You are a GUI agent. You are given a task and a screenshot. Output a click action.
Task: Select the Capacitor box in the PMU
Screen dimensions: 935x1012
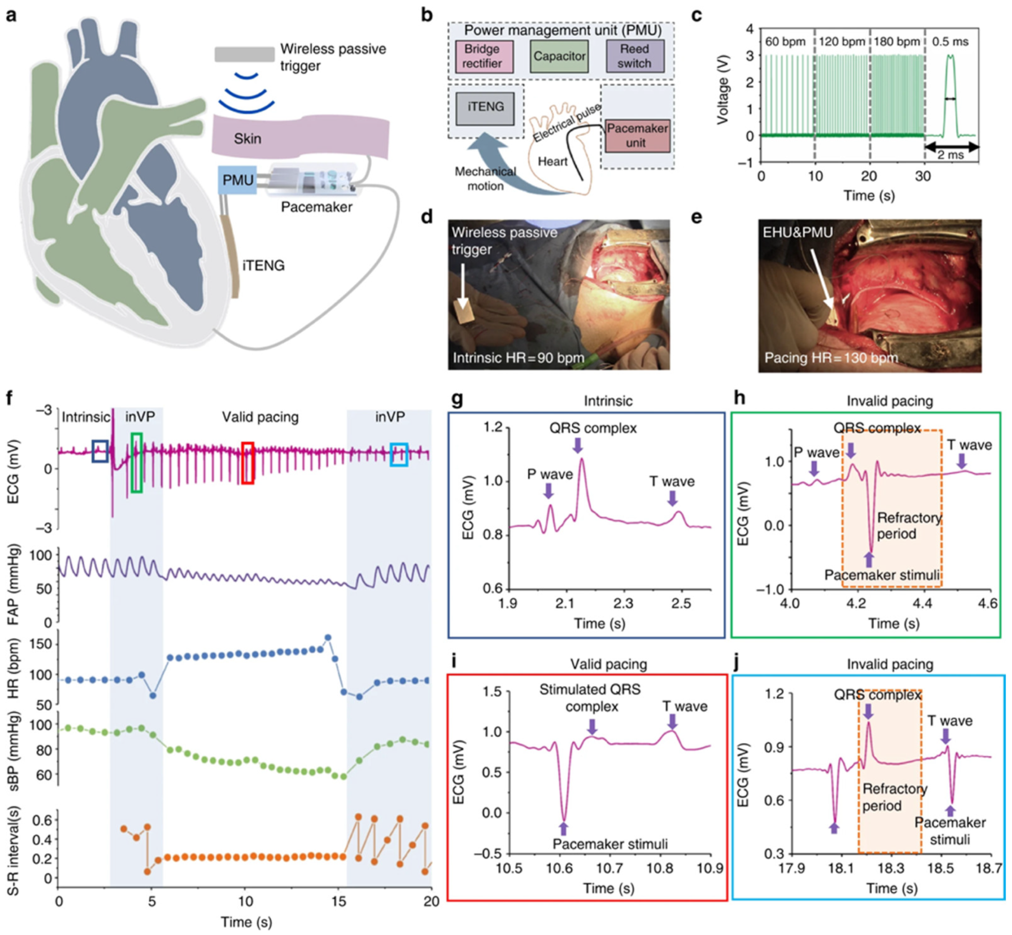pyautogui.click(x=559, y=56)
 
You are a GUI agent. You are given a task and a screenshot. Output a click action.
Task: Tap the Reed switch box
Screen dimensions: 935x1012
pyautogui.click(x=635, y=56)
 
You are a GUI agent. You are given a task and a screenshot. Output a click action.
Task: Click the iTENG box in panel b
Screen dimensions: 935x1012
pyautogui.click(x=485, y=107)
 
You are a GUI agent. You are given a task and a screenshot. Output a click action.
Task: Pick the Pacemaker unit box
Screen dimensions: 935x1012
pyautogui.click(x=637, y=136)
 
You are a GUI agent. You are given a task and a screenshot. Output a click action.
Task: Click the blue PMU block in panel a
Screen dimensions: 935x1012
pyautogui.click(x=237, y=179)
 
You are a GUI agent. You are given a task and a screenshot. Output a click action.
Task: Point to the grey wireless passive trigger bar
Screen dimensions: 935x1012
pyautogui.click(x=245, y=54)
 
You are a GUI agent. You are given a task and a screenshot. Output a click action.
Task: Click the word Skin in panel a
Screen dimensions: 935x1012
pyautogui.click(x=247, y=138)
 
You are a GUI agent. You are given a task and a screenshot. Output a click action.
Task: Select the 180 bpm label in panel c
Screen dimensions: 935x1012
pyautogui.click(x=896, y=42)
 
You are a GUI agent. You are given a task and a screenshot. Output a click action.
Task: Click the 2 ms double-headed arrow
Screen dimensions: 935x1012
pyautogui.click(x=951, y=147)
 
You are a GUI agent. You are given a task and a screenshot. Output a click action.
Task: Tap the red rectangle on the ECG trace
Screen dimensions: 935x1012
pyautogui.click(x=247, y=463)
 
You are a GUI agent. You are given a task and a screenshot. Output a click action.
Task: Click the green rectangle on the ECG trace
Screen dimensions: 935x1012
pyautogui.click(x=136, y=462)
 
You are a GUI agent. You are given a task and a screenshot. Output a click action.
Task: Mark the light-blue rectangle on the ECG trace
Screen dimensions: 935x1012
pyautogui.click(x=399, y=454)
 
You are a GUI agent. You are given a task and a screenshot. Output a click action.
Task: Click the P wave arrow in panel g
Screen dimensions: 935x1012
pyautogui.click(x=548, y=490)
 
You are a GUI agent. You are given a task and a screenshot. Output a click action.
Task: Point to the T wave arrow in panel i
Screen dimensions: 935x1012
pyautogui.click(x=672, y=720)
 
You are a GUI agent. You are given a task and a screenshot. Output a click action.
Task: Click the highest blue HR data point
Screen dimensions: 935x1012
pyautogui.click(x=327, y=638)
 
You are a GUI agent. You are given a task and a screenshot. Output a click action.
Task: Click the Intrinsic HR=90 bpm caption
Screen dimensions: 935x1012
pyautogui.click(x=518, y=358)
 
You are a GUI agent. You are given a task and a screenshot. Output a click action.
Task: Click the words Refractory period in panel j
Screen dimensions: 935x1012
pyautogui.click(x=894, y=797)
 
